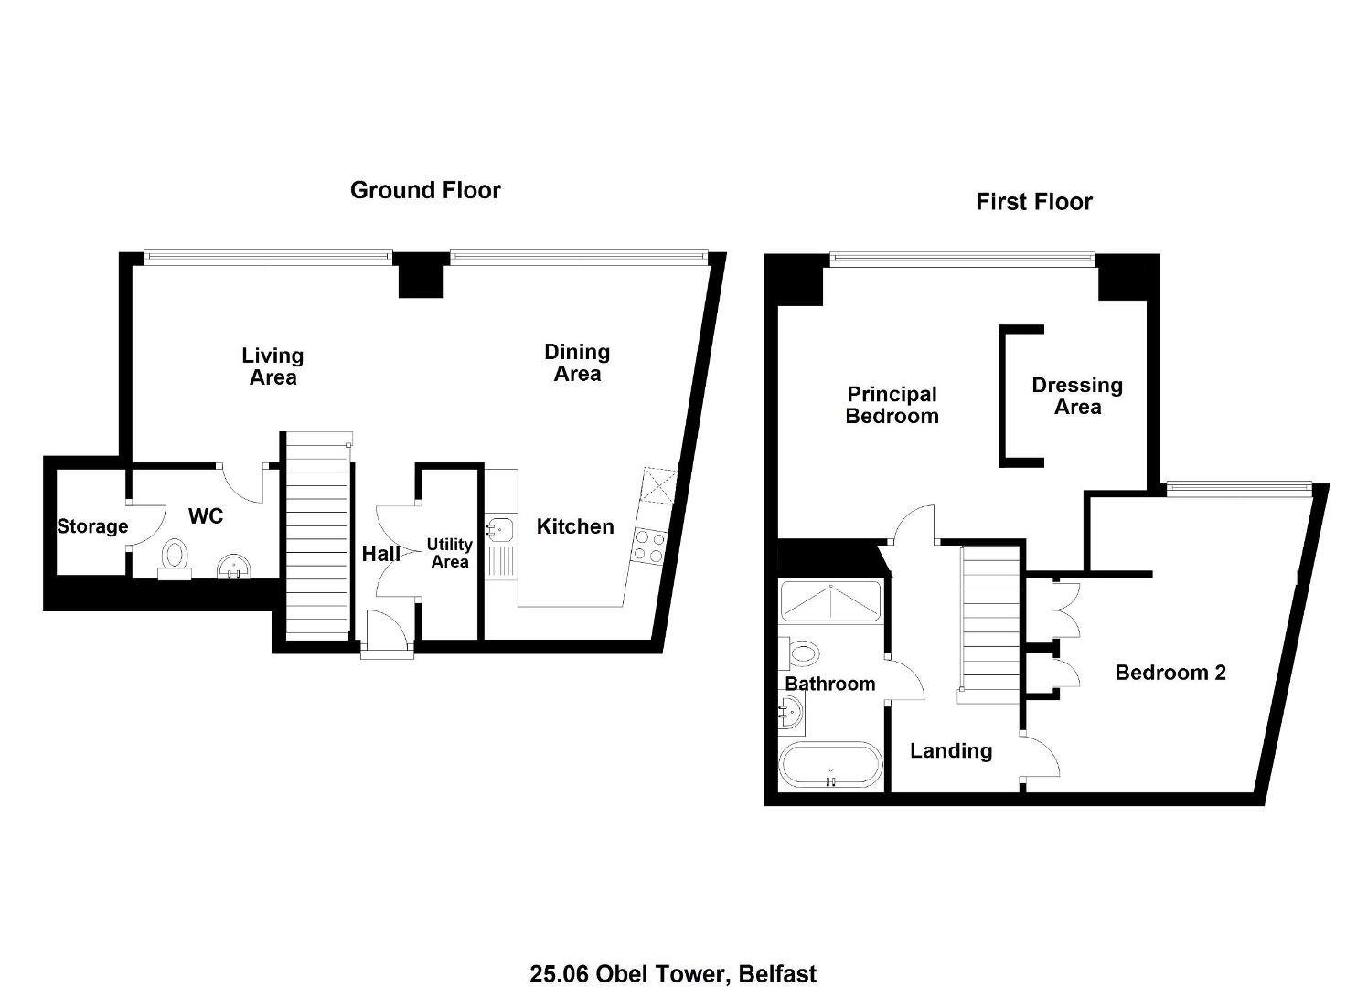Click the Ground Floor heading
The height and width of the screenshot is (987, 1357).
pos(425,191)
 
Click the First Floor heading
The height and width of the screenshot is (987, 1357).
pos(1034,202)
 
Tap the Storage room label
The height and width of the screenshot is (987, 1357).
pos(92,526)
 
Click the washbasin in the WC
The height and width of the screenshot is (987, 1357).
pos(233,567)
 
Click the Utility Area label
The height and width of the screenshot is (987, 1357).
pos(450,553)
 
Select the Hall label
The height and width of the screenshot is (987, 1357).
pos(380,554)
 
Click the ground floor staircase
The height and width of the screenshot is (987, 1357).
pos(317,536)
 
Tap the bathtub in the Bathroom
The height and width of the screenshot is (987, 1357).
pos(830,765)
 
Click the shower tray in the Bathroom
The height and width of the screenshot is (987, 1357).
pos(830,601)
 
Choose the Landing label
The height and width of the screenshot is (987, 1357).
pos(951,751)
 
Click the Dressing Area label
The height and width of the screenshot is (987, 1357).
pos(1077,396)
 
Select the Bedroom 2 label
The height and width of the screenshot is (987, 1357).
pos(1170,672)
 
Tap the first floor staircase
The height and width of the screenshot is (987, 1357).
pos(991,623)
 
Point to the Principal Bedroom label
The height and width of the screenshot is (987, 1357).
pos(892,405)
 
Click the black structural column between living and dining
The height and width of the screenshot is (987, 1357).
pos(421,275)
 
